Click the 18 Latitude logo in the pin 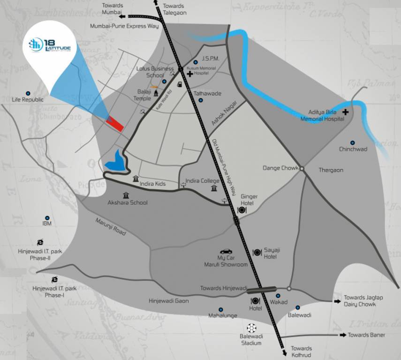tap(49, 45)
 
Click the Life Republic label tap(28, 100)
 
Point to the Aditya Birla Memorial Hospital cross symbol tap(346, 112)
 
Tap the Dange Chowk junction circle tap(302, 168)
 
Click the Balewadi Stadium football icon tap(252, 328)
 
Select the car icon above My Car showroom tap(226, 252)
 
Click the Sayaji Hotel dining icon tap(257, 253)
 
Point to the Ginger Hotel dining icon tap(242, 210)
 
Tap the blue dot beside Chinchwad tap(353, 142)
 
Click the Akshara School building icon tap(126, 195)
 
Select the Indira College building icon tap(214, 188)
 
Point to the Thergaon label tap(331, 170)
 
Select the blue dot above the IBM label tap(47, 217)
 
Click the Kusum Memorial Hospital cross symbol tap(189, 74)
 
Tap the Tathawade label tap(207, 93)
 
